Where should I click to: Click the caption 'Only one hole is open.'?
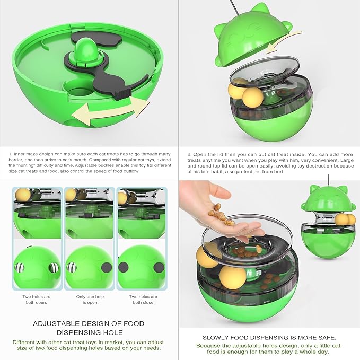click(x=88, y=300)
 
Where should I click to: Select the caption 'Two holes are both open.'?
click(x=37, y=300)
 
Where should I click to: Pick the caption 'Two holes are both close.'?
click(x=144, y=300)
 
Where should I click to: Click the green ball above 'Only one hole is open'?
click(x=89, y=267)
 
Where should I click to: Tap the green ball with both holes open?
click(x=37, y=267)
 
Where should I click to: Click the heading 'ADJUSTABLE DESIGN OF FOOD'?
click(x=89, y=323)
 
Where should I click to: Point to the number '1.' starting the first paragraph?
click(x=10, y=154)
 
